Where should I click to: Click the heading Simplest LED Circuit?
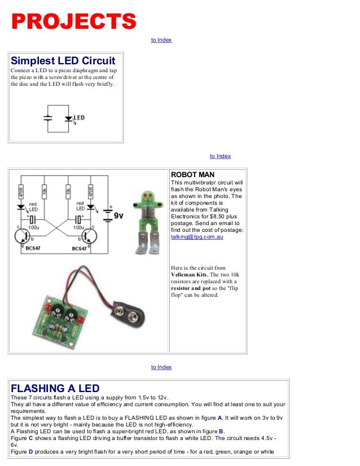pos(63,60)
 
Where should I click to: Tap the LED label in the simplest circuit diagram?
pos(80,118)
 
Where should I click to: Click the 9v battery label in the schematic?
pos(118,216)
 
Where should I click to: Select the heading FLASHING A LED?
pos(55,388)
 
